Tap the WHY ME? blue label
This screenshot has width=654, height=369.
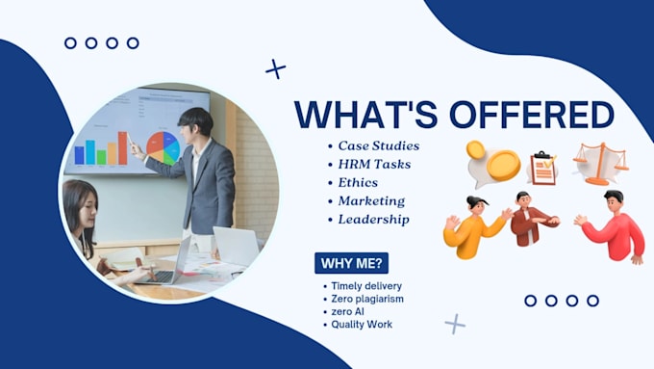(x=351, y=263)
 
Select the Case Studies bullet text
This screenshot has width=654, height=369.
(x=379, y=145)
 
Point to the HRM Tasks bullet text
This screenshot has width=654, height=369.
(x=374, y=164)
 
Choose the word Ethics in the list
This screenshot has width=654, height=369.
(x=358, y=183)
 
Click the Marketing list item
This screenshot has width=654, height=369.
(x=371, y=201)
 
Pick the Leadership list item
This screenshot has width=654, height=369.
(x=374, y=220)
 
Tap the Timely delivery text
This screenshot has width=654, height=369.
(x=366, y=286)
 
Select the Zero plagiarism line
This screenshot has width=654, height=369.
(x=367, y=299)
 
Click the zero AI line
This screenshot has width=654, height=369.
(x=347, y=312)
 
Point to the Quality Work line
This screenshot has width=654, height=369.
(x=362, y=325)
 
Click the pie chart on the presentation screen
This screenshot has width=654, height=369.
(x=163, y=147)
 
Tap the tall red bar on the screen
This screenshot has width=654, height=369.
(x=123, y=148)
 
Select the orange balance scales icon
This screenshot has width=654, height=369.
(x=601, y=164)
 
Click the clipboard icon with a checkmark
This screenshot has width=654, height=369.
(x=543, y=168)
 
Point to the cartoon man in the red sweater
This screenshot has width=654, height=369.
(x=611, y=226)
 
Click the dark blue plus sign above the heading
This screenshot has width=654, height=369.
(x=276, y=69)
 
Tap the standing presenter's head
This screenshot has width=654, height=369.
(x=195, y=123)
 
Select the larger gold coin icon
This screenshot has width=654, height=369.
(x=503, y=166)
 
